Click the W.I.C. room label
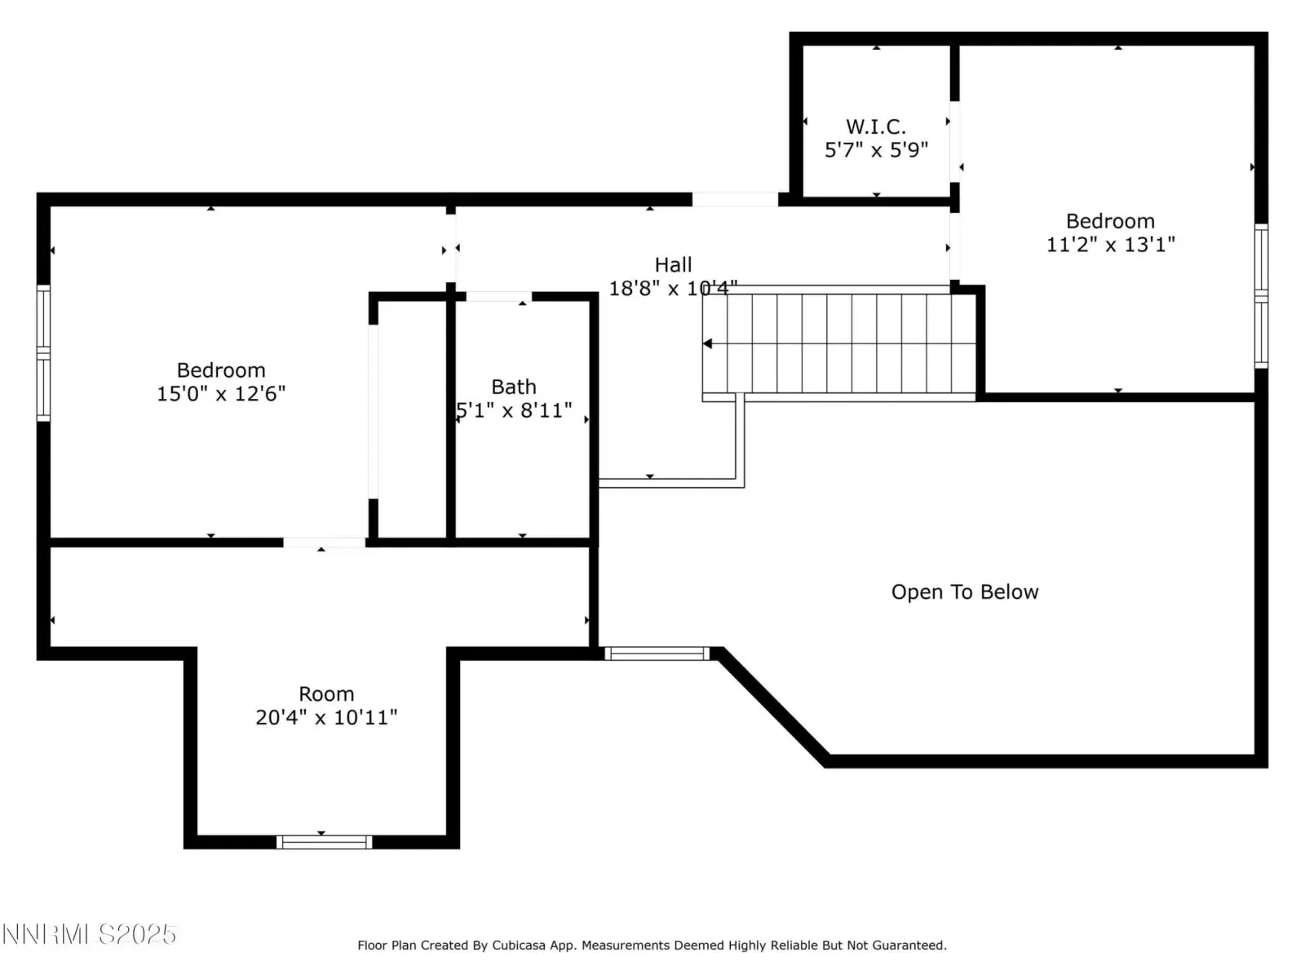[x=875, y=126]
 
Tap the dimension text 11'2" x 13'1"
[x=1110, y=244]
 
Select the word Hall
[x=673, y=264]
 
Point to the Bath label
[x=514, y=387]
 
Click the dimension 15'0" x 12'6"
[x=220, y=393]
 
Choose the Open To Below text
[x=964, y=592]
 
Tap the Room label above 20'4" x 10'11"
[x=325, y=693]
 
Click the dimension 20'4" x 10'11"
[x=325, y=717]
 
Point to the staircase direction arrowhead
[x=707, y=343]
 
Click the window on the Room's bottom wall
[x=324, y=842]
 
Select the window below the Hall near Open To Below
[x=657, y=653]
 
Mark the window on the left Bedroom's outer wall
[x=43, y=353]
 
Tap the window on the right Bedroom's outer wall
[x=1261, y=295]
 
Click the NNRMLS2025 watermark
[x=89, y=934]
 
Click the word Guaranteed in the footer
[x=913, y=945]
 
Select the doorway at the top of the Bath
[x=498, y=296]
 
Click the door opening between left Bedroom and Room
[x=324, y=542]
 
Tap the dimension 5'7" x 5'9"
[x=876, y=150]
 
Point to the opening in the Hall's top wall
[x=735, y=199]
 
